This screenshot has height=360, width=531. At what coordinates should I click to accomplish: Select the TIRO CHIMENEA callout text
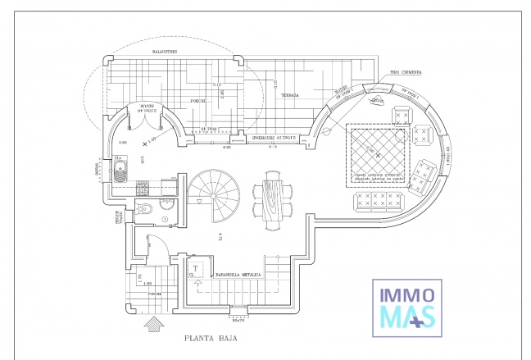click(x=406, y=72)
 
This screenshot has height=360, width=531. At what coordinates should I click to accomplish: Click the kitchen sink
click(x=120, y=171)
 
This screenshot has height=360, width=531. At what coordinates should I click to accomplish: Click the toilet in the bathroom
click(x=145, y=209)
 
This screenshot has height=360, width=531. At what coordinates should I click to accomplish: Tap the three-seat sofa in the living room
click(x=378, y=202)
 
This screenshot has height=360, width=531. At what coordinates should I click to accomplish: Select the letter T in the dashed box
click(x=197, y=268)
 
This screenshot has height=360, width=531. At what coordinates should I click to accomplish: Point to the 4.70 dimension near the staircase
click(x=220, y=238)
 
